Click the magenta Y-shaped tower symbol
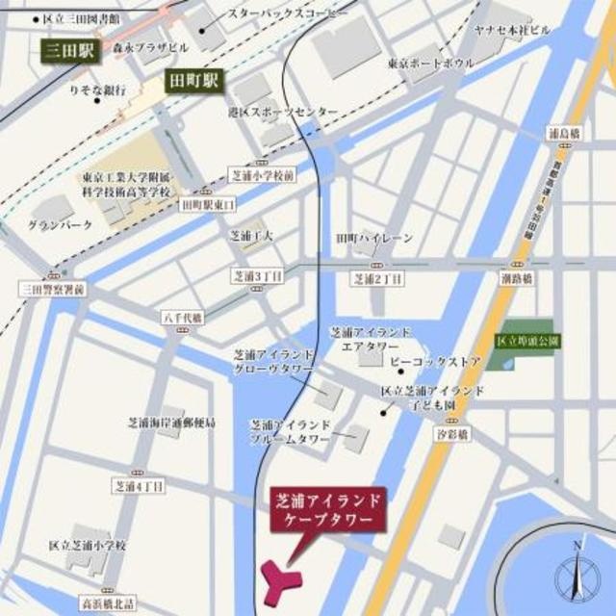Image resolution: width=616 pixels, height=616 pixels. pos(281,577)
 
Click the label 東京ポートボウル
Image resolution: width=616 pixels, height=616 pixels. pos(430,64)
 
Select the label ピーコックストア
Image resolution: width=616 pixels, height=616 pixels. pos(434,362)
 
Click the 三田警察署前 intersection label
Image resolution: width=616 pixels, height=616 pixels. pos(52,288)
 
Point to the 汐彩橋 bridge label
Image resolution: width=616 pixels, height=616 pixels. pos(463,435)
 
